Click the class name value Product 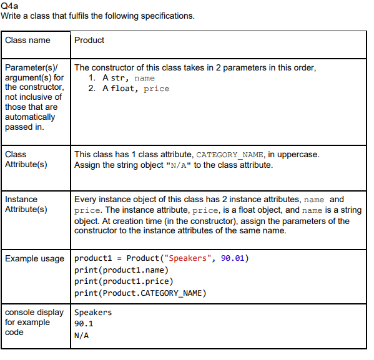tap(89, 40)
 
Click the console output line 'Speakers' tap(93, 312)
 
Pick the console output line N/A tap(81, 335)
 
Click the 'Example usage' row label tap(34, 258)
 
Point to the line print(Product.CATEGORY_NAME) tap(140, 293)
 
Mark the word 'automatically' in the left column tap(29, 117)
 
